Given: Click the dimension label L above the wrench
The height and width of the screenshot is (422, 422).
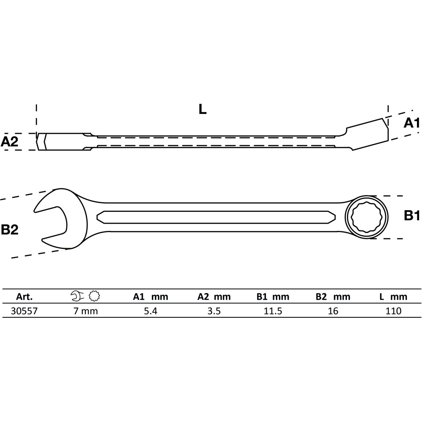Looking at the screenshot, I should click(203, 110).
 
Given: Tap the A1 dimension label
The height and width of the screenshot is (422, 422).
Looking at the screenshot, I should click(411, 123).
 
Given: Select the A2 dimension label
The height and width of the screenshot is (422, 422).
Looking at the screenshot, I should click(10, 142).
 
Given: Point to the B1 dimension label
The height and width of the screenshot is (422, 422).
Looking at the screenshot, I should click(411, 216).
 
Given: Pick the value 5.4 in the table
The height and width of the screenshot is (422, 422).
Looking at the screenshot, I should click(150, 311).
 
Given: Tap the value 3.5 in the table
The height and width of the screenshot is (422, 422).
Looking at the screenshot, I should click(214, 311).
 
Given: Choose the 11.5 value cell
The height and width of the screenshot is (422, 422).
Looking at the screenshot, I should click(273, 311).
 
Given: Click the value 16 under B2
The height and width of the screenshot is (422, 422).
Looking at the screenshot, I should click(333, 311).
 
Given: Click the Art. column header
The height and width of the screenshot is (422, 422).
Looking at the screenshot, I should click(24, 297).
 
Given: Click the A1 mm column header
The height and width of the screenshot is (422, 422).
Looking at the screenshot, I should click(151, 297).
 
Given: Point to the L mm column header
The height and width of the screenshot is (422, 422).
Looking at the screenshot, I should click(393, 297).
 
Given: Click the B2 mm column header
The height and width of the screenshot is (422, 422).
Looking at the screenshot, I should click(333, 297).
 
